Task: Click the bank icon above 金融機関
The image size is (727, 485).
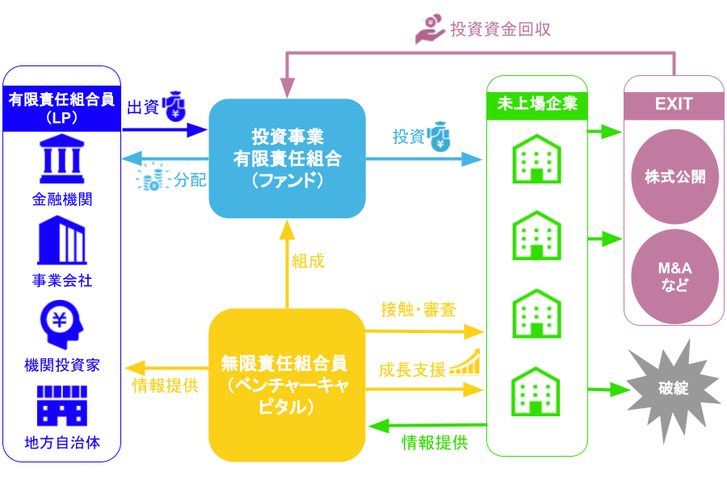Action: pos(61,161)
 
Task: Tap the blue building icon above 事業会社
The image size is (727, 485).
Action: pos(61,240)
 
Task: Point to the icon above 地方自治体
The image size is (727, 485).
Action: pos(61,406)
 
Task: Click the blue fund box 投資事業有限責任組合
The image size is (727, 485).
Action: pos(287,158)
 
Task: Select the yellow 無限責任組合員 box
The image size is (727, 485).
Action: pos(287,385)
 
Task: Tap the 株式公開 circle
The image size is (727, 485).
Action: pos(674,177)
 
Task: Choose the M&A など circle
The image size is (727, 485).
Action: pos(674,275)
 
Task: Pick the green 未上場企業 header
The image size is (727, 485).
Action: pos(537,103)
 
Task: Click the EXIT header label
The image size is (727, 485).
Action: pos(674,104)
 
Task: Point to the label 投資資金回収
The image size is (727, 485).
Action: pos(501,29)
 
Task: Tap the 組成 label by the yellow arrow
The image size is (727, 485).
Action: pos(308,260)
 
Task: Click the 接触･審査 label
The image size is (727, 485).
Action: pos(418,309)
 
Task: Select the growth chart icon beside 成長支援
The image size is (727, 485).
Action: pos(465,364)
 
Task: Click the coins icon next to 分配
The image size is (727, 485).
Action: pos(151,178)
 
